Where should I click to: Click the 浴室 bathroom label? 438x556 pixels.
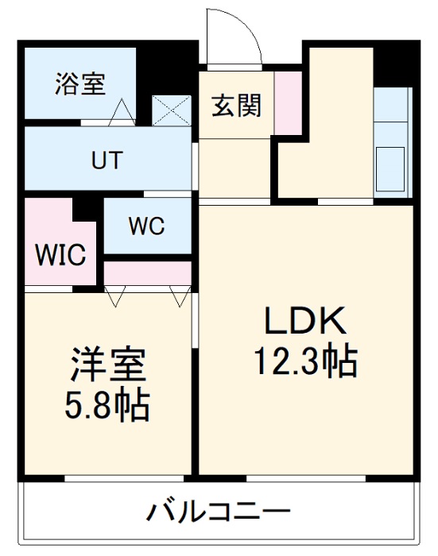(x=79, y=84)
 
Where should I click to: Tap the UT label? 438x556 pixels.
(x=107, y=160)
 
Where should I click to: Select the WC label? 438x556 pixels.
(x=146, y=226)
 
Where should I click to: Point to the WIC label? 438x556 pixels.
(x=59, y=256)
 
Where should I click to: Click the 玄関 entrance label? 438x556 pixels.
(x=236, y=105)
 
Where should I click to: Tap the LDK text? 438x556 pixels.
(x=305, y=322)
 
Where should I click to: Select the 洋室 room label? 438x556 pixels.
(x=107, y=367)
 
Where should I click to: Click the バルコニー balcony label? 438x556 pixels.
(x=216, y=509)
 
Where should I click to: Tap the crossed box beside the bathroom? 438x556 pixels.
(x=172, y=110)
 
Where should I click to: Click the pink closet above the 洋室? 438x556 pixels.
(x=148, y=272)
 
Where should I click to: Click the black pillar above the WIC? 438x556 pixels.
(x=87, y=209)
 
